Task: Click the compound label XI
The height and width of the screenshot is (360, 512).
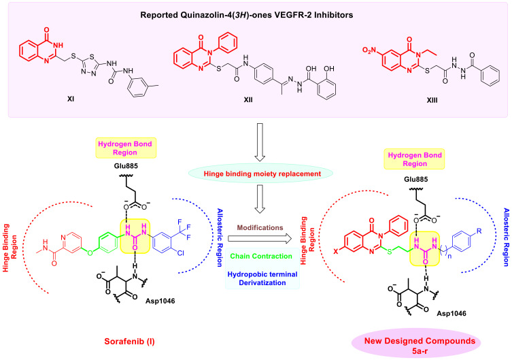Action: pos(71,98)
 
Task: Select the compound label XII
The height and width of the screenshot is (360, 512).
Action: pos(248,99)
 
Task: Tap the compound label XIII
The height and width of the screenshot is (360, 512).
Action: pos(432,100)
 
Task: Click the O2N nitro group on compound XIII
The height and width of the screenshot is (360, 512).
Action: pos(369,50)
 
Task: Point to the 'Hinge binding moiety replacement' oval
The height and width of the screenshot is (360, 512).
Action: pos(261,174)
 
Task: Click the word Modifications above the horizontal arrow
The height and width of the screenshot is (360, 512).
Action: pos(260,227)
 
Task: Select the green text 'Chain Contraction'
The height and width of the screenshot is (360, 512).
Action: pos(261,256)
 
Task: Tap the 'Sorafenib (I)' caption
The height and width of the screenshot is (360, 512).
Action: pos(130,342)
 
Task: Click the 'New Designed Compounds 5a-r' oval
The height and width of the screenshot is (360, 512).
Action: pos(420,346)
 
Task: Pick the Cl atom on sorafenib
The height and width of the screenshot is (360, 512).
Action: pos(181,252)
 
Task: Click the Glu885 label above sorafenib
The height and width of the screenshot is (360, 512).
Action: pos(126,166)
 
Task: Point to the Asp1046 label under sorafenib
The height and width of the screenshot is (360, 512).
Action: pos(160,301)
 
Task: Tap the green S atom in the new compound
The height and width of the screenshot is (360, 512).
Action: pos(389,251)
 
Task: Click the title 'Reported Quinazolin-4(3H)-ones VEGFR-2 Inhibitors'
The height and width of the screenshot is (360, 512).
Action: pos(247,15)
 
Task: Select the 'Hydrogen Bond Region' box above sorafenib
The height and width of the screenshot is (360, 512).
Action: pos(126,148)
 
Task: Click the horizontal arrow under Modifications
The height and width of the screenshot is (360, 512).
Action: pos(260,238)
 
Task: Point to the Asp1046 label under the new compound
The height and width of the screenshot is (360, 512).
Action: pos(451,314)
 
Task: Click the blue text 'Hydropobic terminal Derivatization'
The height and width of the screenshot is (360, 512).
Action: pos(262,278)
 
